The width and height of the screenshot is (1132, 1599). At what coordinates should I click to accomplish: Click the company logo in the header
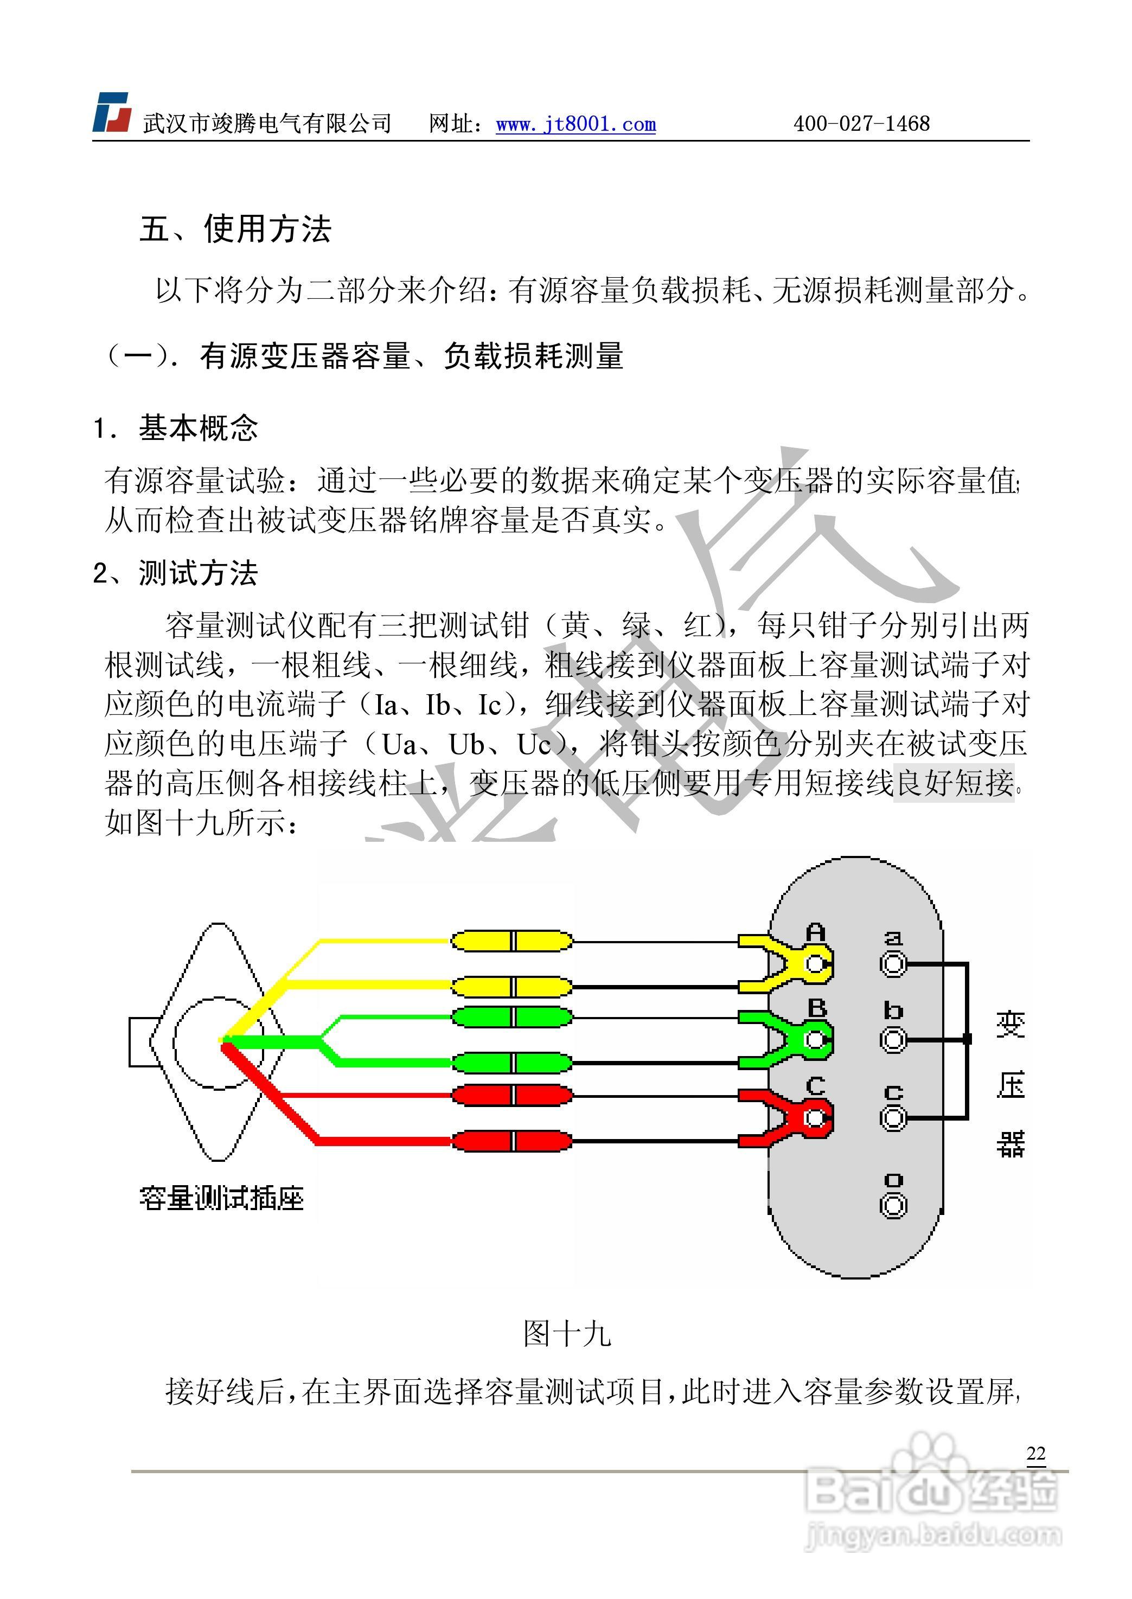112,112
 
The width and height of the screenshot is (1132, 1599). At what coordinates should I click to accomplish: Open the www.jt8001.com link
575,124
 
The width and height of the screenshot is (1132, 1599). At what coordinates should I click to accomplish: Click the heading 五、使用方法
235,229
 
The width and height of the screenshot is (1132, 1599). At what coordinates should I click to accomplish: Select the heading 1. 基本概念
176,427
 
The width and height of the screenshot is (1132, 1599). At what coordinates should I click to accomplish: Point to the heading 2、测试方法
175,573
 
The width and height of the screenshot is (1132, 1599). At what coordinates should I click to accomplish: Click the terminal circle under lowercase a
893,965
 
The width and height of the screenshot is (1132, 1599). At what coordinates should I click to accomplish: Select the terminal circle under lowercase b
893,1040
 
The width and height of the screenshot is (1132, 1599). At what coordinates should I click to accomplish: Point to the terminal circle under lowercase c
893,1118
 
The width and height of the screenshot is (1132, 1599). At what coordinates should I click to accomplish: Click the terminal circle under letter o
893,1205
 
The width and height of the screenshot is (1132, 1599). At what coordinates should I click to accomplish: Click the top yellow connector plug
511,941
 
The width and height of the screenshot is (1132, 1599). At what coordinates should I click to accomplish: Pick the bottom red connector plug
511,1141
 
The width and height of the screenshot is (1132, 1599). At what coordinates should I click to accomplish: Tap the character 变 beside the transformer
1010,1025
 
